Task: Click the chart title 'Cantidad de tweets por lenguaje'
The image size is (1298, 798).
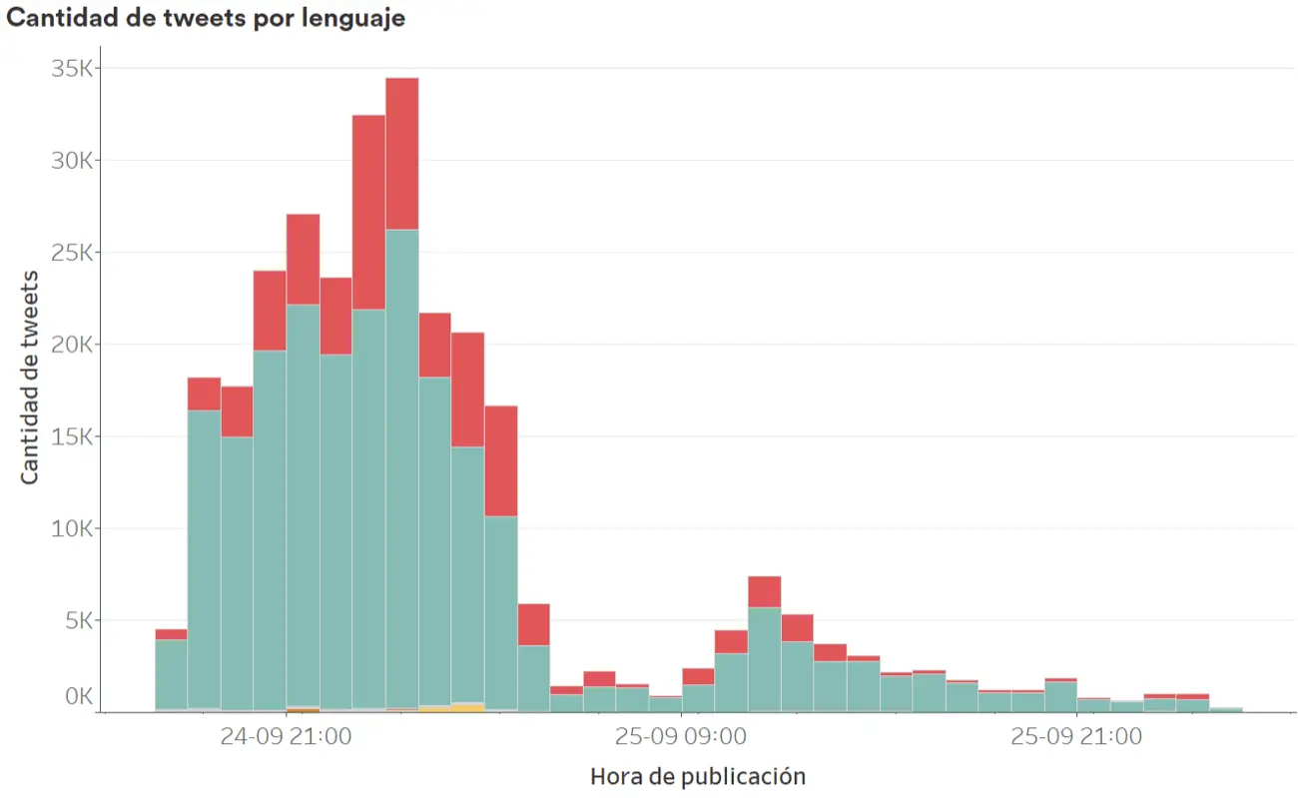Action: pos(206,18)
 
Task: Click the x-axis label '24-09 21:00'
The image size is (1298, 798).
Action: pos(286,738)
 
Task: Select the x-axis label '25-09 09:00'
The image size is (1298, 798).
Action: pos(681,738)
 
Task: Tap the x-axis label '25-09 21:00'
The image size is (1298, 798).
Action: pos(1076,738)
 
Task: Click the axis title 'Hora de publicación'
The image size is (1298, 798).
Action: pos(698,776)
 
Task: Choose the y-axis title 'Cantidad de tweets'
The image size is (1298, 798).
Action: pos(30,377)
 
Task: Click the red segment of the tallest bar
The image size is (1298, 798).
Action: pos(401,153)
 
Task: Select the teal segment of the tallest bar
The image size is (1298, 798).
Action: pos(401,469)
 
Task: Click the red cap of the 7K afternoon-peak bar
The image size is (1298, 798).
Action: pos(764,591)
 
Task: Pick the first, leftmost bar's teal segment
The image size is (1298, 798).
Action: pos(171,674)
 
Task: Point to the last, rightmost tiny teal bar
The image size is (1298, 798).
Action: pos(1225,710)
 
